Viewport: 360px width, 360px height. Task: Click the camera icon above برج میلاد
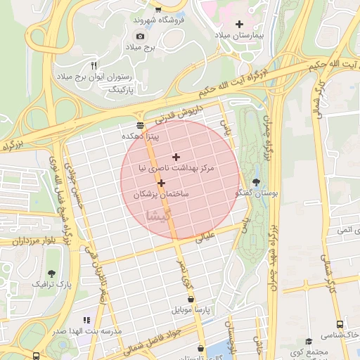pyautogui.click(x=140, y=36)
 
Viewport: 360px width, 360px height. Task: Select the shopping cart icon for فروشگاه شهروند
pyautogui.click(x=158, y=10)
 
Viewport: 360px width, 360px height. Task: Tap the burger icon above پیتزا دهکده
pyautogui.click(x=140, y=124)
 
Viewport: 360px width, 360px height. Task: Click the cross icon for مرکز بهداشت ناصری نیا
pyautogui.click(x=176, y=157)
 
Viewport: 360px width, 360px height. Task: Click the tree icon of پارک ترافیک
pyautogui.click(x=51, y=273)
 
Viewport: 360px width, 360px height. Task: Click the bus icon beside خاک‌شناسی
pyautogui.click(x=340, y=325)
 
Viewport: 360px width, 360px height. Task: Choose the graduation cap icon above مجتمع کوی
pyautogui.click(x=308, y=341)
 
